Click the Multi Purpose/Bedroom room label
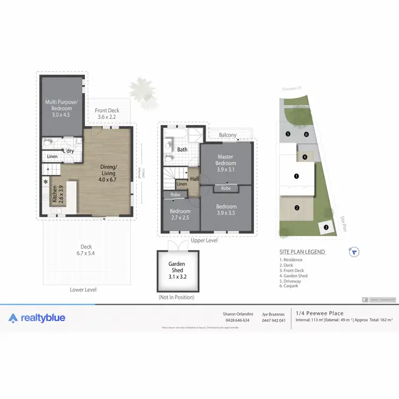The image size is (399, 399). tap(61, 105)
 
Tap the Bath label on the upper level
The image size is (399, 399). tap(182, 149)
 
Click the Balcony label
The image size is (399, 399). tap(228, 135)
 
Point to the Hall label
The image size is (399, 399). tap(194, 178)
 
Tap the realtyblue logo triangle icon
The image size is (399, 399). tap(13, 318)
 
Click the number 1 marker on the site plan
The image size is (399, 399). tap(296, 176)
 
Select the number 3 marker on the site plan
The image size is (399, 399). tap(326, 227)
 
